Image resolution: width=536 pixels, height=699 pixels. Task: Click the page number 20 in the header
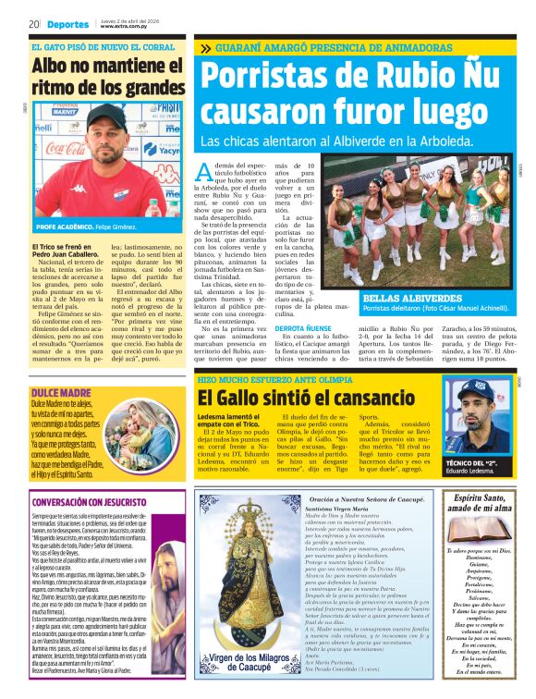(33, 24)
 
